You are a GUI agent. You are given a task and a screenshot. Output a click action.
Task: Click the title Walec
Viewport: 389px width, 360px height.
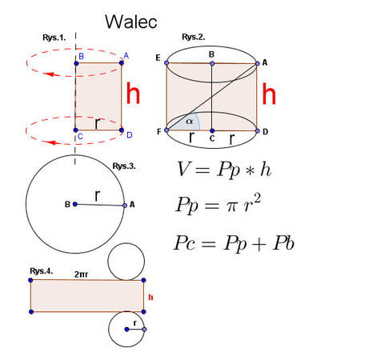tap(131, 22)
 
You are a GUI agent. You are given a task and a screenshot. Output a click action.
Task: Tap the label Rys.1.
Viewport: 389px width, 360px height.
tap(54, 38)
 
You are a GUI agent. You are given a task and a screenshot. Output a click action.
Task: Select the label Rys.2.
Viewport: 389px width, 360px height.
tap(194, 37)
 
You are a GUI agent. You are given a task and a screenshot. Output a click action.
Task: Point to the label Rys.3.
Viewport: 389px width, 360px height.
tap(124, 166)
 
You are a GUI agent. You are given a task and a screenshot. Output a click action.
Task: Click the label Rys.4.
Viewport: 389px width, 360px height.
tap(42, 271)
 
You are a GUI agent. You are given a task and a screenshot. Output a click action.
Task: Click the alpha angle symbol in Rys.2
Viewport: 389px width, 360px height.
tap(189, 122)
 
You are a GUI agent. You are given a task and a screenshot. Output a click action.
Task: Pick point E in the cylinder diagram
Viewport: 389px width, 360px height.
tap(166, 63)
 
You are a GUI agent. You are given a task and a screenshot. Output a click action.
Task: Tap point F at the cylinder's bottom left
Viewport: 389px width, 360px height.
tap(166, 130)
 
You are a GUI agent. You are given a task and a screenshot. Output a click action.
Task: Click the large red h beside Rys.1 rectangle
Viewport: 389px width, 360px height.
tap(133, 93)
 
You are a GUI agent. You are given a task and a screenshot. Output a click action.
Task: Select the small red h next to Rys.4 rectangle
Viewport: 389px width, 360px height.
tap(150, 297)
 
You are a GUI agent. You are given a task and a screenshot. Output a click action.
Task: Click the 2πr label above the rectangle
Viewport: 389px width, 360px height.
tap(81, 274)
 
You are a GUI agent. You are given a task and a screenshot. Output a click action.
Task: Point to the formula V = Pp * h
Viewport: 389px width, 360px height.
tap(224, 170)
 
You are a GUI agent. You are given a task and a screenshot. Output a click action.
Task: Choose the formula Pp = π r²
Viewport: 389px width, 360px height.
tap(218, 204)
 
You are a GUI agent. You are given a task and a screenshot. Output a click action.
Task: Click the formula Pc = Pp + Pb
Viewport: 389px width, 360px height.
tap(234, 243)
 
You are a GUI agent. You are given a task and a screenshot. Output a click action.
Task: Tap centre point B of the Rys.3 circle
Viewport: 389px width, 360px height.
tap(75, 204)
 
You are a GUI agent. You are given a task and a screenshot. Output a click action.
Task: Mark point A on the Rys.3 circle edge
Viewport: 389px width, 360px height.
tap(125, 206)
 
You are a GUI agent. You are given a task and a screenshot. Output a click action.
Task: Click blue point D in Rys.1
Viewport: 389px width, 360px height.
tap(122, 130)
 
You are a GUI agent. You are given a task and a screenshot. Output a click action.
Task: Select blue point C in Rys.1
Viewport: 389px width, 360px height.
tap(75, 130)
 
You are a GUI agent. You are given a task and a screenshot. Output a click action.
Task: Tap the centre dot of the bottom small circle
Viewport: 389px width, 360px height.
tap(127, 330)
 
